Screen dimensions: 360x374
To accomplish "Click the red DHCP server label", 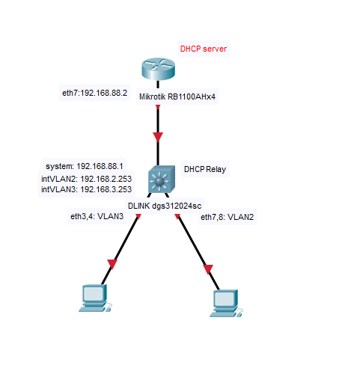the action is pyautogui.click(x=204, y=49).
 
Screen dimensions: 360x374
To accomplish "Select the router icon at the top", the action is pyautogui.click(x=158, y=69).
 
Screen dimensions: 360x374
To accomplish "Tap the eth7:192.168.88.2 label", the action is pyautogui.click(x=94, y=93).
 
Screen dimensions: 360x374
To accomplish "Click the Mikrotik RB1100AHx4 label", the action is pyautogui.click(x=177, y=96).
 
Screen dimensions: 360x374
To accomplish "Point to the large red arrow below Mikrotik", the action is pyautogui.click(x=158, y=137).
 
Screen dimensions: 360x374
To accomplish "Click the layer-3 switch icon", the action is pyautogui.click(x=162, y=179).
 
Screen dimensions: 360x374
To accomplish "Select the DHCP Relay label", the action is pyautogui.click(x=205, y=169).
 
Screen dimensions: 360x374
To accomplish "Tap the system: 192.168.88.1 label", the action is pyautogui.click(x=85, y=166).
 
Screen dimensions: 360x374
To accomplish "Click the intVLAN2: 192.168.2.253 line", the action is pyautogui.click(x=86, y=179).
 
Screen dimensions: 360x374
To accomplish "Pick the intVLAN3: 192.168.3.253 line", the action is pyautogui.click(x=86, y=189).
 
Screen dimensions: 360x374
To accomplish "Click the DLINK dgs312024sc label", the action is pyautogui.click(x=165, y=206).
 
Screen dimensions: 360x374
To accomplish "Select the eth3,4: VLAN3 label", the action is pyautogui.click(x=97, y=216).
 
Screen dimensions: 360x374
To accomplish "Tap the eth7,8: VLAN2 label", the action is pyautogui.click(x=227, y=217).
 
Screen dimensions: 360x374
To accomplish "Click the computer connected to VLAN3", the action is pyautogui.click(x=95, y=298).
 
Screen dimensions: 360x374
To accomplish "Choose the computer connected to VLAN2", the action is pyautogui.click(x=226, y=303).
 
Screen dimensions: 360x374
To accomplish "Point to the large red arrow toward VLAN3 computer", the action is pyautogui.click(x=112, y=264).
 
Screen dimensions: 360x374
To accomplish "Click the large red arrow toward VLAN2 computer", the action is pyautogui.click(x=208, y=269).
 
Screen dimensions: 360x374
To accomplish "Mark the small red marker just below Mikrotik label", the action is pyautogui.click(x=158, y=107).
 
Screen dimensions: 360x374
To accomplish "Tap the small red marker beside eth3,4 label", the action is pyautogui.click(x=138, y=216).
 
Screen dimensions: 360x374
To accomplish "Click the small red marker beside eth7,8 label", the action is pyautogui.click(x=177, y=216).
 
